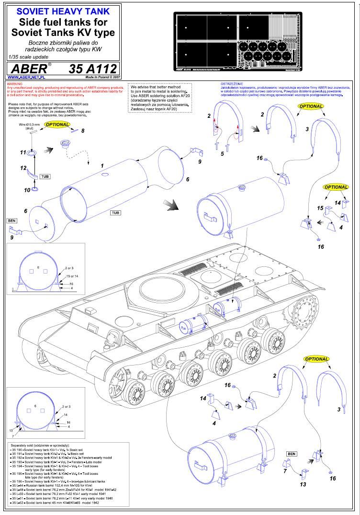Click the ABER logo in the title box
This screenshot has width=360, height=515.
coord(28,68)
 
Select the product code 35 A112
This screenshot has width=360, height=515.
coord(92,68)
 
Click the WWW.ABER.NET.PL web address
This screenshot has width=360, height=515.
coord(27,77)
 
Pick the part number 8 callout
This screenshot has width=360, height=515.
coord(82,130)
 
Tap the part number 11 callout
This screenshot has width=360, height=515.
coord(22,152)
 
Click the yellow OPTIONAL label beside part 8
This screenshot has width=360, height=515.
coord(57,125)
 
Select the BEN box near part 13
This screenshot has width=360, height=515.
coord(291,453)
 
